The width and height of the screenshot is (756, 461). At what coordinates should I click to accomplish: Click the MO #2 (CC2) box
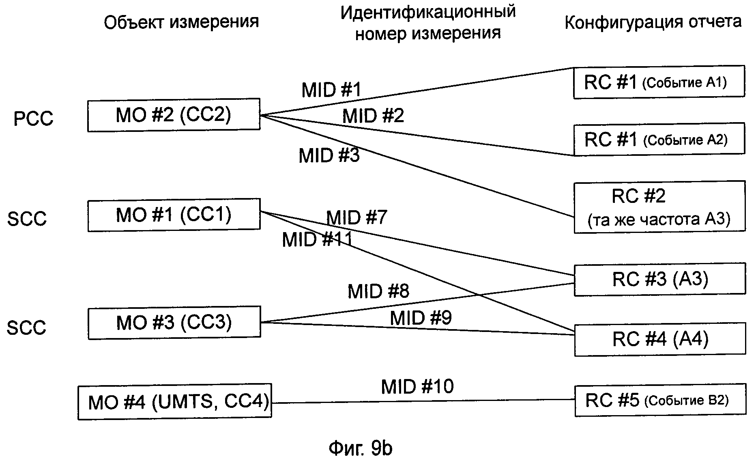coord(174,115)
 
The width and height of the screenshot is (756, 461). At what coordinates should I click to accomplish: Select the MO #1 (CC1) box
coord(174,215)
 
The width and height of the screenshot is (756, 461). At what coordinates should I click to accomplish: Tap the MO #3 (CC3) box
coord(174,323)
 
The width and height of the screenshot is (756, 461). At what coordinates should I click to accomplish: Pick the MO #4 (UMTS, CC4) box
coord(175,402)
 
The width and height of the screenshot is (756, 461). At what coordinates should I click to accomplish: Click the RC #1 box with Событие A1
coord(659,82)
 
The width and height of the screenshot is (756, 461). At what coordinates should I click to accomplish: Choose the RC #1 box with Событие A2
coord(659,140)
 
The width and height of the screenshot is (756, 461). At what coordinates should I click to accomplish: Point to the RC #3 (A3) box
coord(660,279)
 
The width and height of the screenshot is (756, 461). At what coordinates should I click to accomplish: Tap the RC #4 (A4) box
coord(660,339)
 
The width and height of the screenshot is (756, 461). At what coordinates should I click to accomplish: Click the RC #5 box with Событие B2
coord(660,401)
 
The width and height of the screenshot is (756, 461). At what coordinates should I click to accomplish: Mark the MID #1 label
coord(331,90)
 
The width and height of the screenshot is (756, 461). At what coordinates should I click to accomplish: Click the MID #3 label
coord(329,155)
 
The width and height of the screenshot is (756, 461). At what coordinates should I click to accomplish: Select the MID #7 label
coord(357,218)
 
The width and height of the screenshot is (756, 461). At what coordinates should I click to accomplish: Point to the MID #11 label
coord(317,239)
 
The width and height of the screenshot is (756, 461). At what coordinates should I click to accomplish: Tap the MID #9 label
coord(421,318)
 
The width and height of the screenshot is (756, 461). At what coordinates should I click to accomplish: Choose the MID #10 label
coord(417,386)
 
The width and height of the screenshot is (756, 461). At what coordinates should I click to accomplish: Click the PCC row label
coord(33,119)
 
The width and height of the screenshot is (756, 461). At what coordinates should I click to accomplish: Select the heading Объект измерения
coord(181,22)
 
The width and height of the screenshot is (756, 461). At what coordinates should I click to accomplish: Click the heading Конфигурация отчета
coord(653,22)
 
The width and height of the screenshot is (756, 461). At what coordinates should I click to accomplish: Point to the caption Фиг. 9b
coord(360,448)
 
